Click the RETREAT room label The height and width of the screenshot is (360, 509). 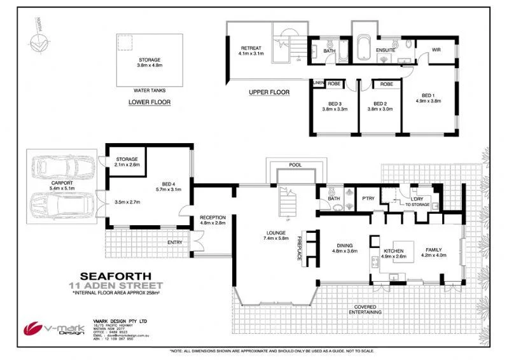coord(251,48)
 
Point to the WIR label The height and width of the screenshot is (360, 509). coord(436,49)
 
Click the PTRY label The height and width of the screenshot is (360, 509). coord(368,198)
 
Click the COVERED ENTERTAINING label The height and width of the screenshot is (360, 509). coord(368,310)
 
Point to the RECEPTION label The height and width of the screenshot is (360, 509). coord(212,217)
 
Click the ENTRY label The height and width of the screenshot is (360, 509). coord(174,242)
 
